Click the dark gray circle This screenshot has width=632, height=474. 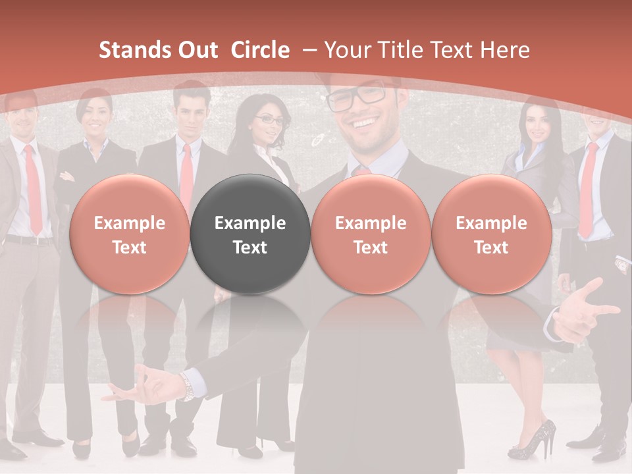[250, 234]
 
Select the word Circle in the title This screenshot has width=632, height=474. [260, 50]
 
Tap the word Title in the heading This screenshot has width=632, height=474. [408, 50]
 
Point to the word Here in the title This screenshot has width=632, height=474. [505, 50]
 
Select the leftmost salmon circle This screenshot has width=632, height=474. [129, 234]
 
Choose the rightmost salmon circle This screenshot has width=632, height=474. [491, 234]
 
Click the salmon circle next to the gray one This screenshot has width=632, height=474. [371, 234]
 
